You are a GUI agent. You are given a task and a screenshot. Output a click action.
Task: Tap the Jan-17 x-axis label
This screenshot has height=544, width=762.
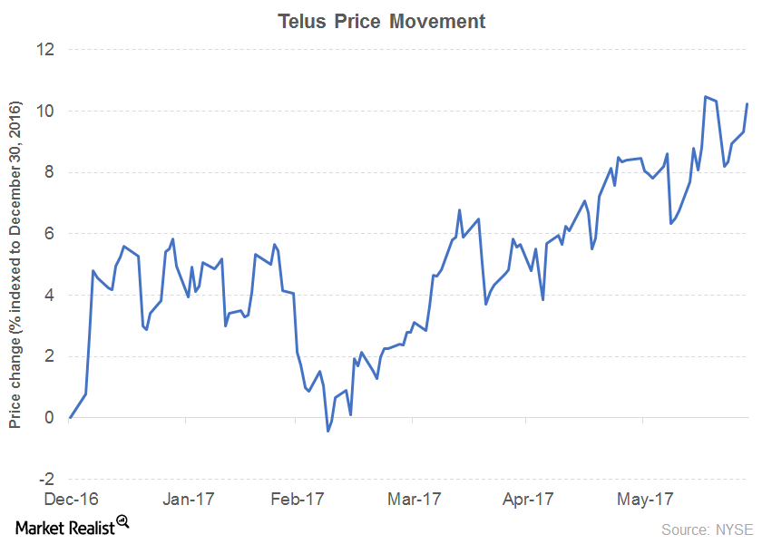[186, 499]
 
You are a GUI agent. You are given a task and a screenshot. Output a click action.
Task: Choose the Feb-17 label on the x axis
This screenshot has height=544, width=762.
[300, 499]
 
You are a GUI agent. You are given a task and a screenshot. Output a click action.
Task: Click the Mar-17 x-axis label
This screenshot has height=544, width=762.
[415, 499]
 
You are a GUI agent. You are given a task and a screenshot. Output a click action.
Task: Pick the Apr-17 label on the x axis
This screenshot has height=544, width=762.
[529, 499]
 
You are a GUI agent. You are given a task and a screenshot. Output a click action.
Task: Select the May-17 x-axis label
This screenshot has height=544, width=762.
[643, 499]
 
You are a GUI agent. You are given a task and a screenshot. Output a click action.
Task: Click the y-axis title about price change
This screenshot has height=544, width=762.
[15, 263]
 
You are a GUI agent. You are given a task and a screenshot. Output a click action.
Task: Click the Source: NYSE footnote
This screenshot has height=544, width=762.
[705, 528]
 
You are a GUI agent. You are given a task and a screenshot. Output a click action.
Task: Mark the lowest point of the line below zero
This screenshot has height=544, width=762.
[327, 431]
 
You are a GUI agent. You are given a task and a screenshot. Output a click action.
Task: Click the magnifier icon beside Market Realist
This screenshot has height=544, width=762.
[123, 521]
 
